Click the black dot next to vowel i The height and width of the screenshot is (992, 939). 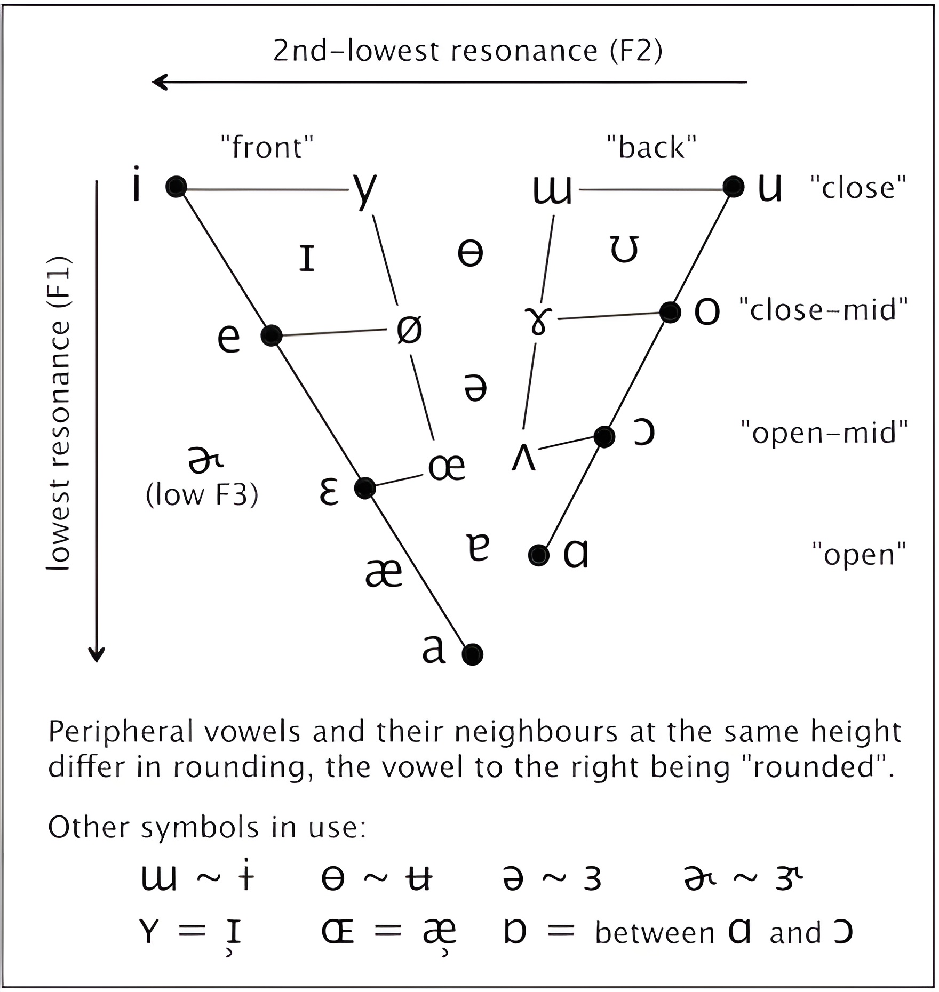click(176, 187)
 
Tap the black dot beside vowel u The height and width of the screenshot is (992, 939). click(734, 187)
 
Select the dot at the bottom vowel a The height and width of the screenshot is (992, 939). click(473, 654)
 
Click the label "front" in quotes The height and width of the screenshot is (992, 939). click(267, 148)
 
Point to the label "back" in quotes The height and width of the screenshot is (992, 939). click(652, 148)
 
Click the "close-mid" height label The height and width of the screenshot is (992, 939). click(823, 310)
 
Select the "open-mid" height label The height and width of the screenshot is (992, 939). click(824, 433)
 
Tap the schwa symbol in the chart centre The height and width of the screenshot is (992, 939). click(475, 388)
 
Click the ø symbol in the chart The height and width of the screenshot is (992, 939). click(409, 329)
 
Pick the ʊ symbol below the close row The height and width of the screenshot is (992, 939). click(624, 250)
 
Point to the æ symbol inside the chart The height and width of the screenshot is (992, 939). click(384, 574)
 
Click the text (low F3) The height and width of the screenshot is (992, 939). click(202, 495)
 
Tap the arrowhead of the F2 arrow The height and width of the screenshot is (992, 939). click(158, 82)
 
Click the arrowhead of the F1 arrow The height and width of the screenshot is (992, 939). click(97, 655)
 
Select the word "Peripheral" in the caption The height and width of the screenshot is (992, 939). click(121, 733)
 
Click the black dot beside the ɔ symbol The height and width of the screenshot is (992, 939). click(604, 437)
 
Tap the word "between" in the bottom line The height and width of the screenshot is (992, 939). click(655, 933)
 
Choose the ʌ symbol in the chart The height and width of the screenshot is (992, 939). click(523, 458)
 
